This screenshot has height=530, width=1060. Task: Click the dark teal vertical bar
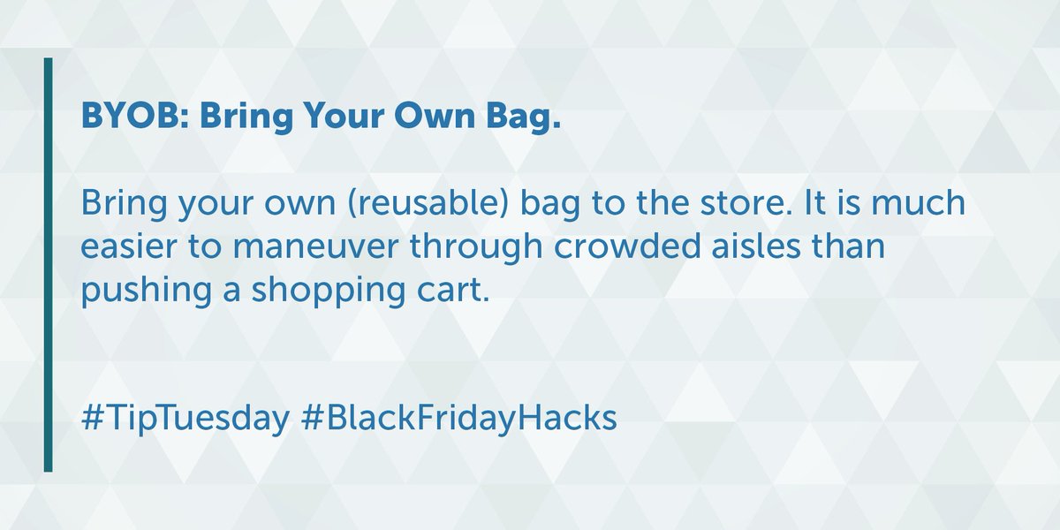(48, 265)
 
